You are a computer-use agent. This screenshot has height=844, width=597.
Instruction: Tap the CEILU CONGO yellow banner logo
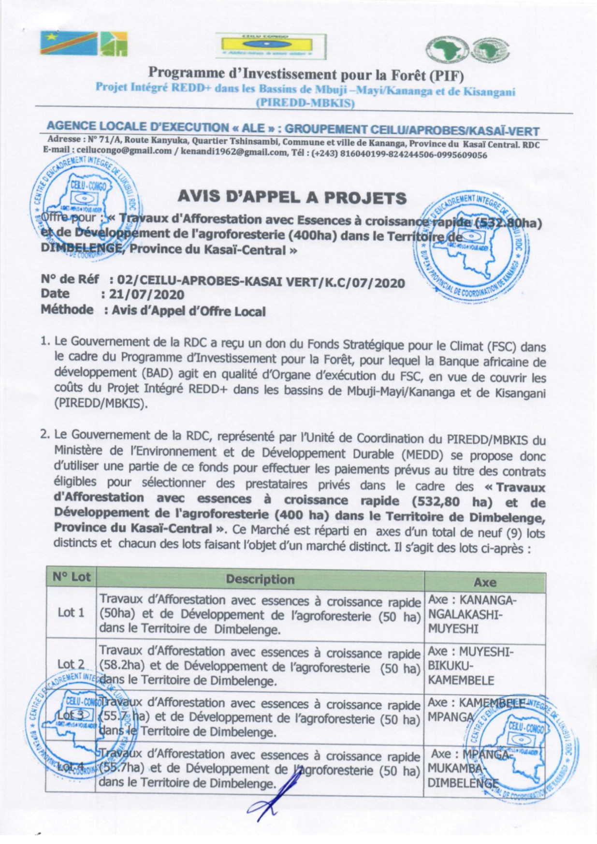pyautogui.click(x=270, y=46)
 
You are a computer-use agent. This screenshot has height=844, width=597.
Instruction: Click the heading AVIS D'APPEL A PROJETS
pyautogui.click(x=292, y=197)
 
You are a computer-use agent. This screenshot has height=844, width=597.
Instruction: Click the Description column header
pyautogui.click(x=260, y=579)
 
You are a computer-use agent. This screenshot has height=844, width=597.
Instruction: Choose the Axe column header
pyautogui.click(x=485, y=582)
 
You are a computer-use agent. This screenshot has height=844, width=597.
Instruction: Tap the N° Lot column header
pyautogui.click(x=72, y=577)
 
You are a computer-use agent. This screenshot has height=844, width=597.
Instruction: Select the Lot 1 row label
pyautogui.click(x=71, y=612)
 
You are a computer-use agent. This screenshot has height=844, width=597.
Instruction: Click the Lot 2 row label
pyautogui.click(x=71, y=664)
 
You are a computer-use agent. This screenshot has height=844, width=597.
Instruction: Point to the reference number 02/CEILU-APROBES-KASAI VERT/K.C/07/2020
pyautogui.click(x=257, y=282)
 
